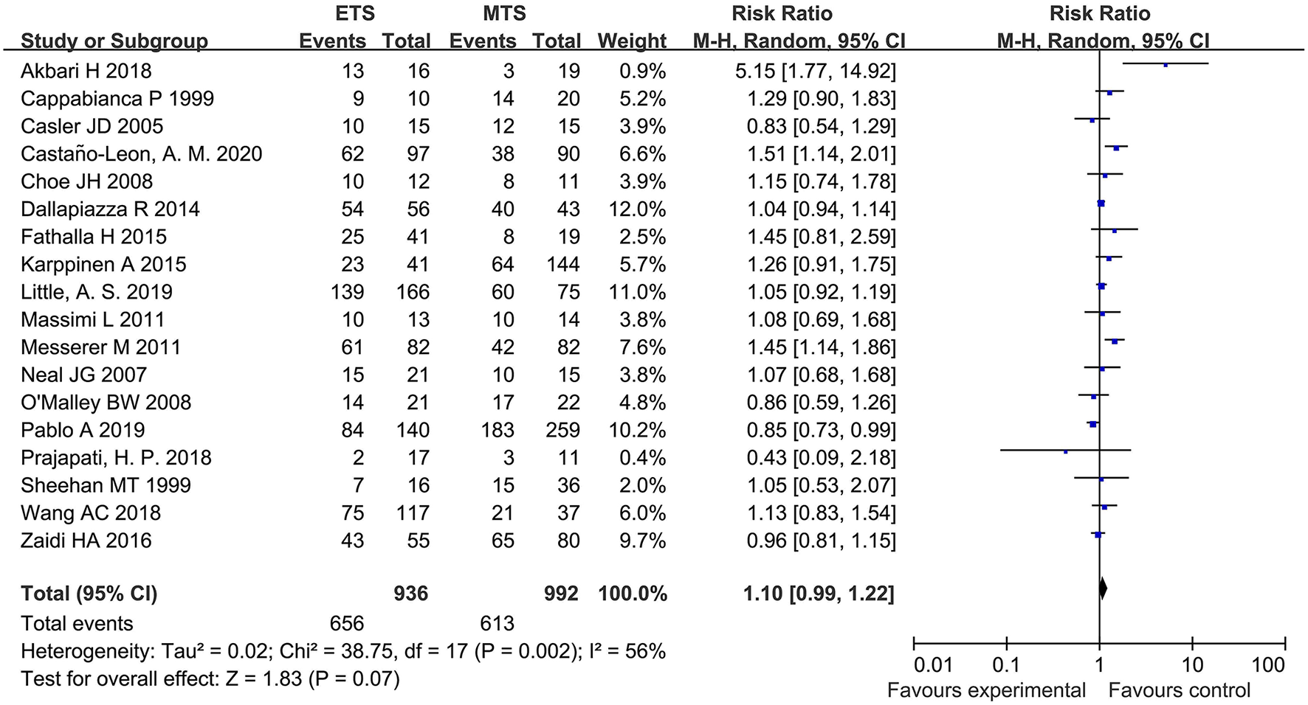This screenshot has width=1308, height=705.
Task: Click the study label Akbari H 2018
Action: [x=86, y=71]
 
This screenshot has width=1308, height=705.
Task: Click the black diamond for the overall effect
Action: [x=1103, y=588]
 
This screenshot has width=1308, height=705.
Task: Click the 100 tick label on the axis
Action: [x=1268, y=665]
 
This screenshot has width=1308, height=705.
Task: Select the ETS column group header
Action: [x=354, y=13]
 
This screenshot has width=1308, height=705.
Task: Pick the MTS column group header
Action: [x=504, y=13]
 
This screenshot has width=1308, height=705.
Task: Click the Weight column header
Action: [x=632, y=41]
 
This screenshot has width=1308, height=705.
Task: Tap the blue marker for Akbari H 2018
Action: [x=1166, y=65]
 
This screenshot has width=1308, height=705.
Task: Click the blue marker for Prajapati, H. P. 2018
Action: [x=1066, y=451]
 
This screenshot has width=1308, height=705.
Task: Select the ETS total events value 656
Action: [x=346, y=624]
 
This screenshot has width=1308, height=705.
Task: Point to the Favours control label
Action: [x=1179, y=691]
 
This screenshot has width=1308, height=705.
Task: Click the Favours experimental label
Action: [x=985, y=691]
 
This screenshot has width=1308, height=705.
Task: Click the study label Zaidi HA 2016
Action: [x=86, y=541]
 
